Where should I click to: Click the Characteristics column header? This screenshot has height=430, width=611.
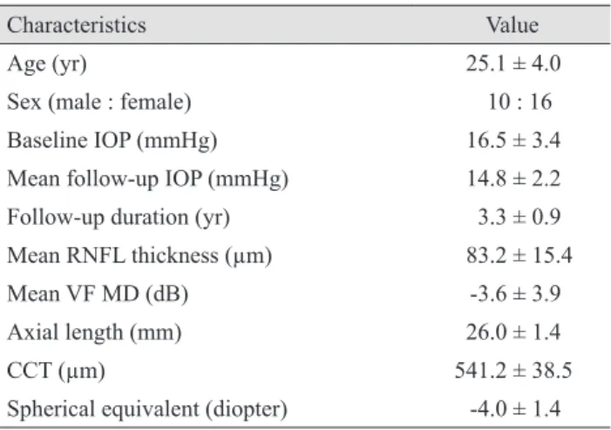tap(77, 25)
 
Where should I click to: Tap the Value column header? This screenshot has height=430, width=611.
tap(513, 25)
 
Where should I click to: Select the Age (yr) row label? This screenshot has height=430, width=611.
tap(47, 64)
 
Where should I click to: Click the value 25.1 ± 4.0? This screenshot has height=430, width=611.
tap(513, 63)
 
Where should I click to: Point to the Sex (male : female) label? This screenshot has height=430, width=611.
tap(99, 102)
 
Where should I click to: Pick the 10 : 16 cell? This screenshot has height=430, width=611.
tap(519, 102)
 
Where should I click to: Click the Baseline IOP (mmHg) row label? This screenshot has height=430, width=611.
tap(112, 140)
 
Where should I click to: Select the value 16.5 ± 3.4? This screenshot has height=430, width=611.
tap(513, 140)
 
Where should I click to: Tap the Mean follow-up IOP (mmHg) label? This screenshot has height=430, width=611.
tap(147, 179)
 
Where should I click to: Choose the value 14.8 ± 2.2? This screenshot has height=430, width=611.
tap(513, 179)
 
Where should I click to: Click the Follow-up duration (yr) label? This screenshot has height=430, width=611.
tap(119, 217)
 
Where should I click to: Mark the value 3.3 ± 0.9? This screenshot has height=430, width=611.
tap(519, 217)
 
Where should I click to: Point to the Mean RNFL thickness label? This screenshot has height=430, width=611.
tap(139, 256)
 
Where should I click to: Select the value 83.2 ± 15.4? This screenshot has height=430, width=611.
tap(519, 256)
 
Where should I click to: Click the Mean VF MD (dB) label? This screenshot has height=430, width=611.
tap(98, 294)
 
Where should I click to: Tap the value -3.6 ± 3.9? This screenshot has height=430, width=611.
tap(515, 294)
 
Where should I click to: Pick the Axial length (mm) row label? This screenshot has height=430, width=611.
tap(94, 332)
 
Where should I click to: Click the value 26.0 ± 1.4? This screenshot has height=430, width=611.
tap(513, 332)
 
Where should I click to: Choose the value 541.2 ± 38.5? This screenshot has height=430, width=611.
tap(513, 371)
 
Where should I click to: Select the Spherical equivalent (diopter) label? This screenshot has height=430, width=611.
tap(147, 409)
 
